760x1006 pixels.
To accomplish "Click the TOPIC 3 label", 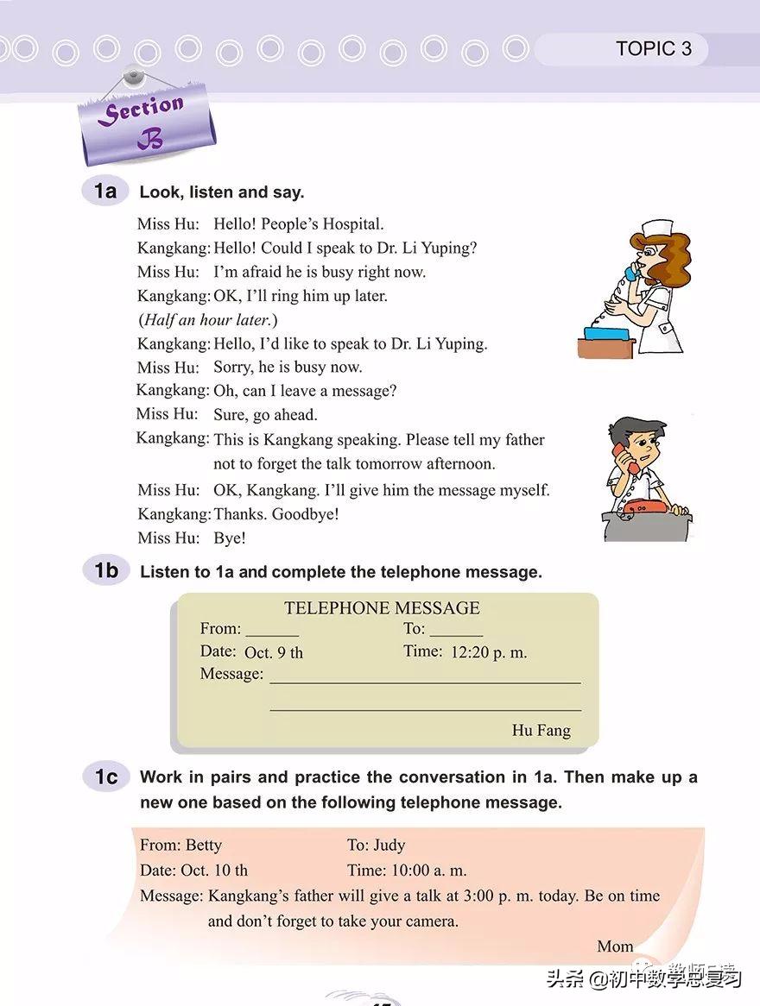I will click(654, 49).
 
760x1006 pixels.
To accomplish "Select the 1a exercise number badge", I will click(105, 191).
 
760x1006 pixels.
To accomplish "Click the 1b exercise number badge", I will click(105, 570).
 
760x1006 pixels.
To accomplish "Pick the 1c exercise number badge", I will click(105, 777).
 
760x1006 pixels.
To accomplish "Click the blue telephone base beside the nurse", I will click(608, 333).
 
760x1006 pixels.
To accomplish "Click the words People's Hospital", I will click(324, 224).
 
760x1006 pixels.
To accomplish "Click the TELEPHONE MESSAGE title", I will click(382, 608).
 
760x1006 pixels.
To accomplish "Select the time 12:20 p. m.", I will click(489, 652).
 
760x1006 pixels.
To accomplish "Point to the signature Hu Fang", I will click(541, 731).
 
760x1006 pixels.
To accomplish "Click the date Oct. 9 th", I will click(274, 653).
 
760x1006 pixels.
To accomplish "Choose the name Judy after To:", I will click(389, 846).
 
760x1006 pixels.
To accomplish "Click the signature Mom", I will click(615, 946).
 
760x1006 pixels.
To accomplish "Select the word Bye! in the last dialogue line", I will click(230, 538).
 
